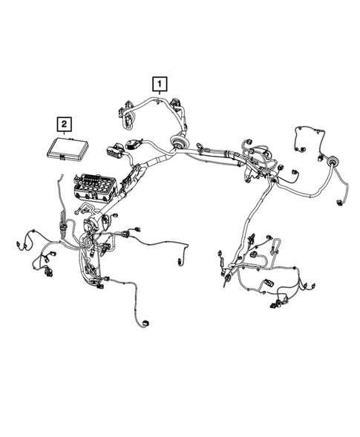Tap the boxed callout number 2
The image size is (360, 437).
pos(66,123)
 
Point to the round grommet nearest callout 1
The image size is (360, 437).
pos(179,140)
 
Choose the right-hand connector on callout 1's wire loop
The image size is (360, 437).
pos(176,104)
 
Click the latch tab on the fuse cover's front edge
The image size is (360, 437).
pos(68,138)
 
